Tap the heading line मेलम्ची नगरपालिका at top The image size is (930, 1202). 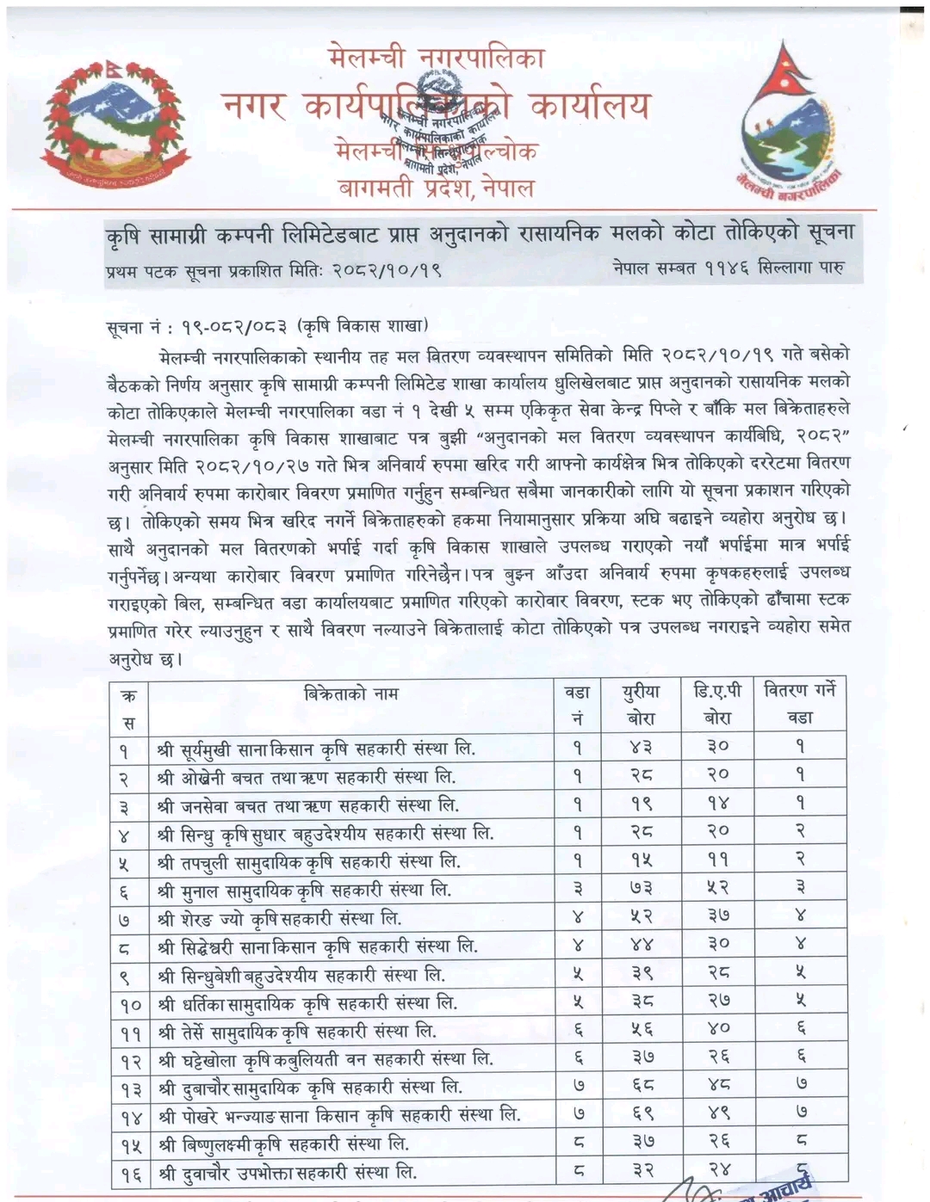(x=436, y=59)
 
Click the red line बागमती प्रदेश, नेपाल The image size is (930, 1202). (x=436, y=187)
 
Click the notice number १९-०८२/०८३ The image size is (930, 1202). (x=232, y=328)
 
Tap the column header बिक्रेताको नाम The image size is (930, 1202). (x=351, y=693)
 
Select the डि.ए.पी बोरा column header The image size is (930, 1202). (x=717, y=704)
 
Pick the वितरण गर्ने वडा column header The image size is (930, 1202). (x=799, y=704)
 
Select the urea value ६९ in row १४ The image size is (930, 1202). (x=640, y=1113)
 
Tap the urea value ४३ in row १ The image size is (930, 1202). (x=640, y=747)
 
